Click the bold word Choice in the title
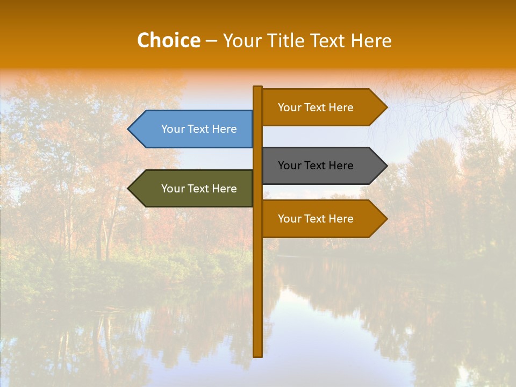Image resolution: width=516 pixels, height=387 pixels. tap(168, 40)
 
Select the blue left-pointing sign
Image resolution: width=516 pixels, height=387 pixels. tap(193, 129)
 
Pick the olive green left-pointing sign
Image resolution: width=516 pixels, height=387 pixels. tap(193, 189)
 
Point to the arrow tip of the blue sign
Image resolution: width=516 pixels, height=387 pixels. tap(130, 129)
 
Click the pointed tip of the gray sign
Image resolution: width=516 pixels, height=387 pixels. tap(385, 166)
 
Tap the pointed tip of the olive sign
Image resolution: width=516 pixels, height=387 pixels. tap(130, 189)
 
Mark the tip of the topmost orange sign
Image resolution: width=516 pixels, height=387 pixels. tap(385, 107)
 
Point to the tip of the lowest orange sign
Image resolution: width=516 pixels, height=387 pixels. tap(385, 219)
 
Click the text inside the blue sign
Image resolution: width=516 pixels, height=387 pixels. tap(199, 129)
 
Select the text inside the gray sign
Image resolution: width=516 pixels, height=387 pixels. tap(316, 166)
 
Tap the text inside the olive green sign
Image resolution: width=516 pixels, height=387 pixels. tap(199, 189)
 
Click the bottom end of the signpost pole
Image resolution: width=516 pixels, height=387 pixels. tap(257, 355)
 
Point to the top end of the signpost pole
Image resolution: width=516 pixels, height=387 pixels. tap(257, 88)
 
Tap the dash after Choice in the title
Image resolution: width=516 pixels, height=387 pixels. tap(211, 41)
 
